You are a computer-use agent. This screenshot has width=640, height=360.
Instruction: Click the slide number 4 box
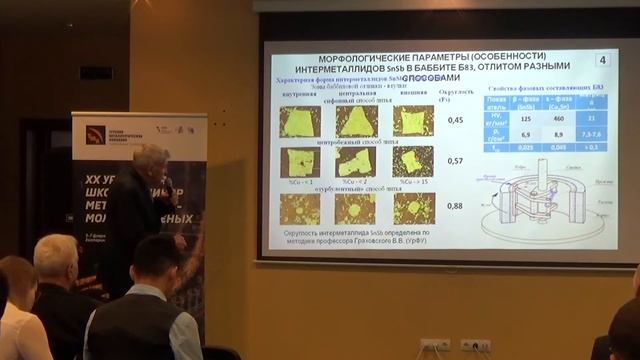(600, 61)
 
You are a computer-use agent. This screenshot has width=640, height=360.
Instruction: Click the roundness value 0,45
(455, 120)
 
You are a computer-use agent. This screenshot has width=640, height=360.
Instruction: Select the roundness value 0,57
(455, 161)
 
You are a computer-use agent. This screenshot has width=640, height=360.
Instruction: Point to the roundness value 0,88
(455, 205)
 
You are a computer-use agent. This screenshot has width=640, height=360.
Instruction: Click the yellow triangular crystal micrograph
(355, 121)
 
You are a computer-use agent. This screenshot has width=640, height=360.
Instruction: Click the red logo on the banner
(95, 135)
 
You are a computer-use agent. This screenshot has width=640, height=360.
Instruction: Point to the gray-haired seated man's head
(55, 258)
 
